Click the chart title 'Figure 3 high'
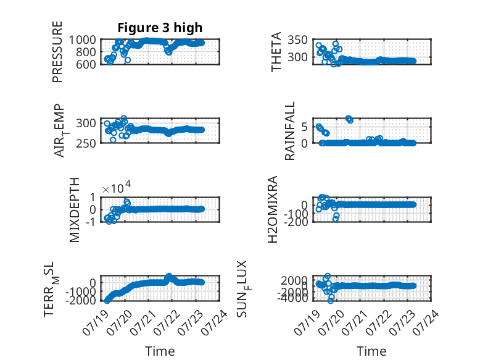coord(160,28)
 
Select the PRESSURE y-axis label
coord(57,52)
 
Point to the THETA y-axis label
coord(276,52)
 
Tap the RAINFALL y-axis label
coord(289,131)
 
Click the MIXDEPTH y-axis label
coord(75,210)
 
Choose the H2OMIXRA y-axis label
coord(273,209)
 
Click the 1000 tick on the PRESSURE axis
coord(82,40)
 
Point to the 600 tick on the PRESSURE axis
coord(86,64)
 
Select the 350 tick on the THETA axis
coord(297,40)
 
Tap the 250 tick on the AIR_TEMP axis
coord(86,143)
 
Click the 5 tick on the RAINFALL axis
coord(304,127)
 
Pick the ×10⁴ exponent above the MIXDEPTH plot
coord(117,188)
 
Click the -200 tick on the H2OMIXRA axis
coord(296,222)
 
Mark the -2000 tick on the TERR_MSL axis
coord(81,300)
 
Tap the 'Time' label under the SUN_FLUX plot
coord(371,351)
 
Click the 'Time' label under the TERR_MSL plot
coord(160,351)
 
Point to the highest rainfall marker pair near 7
coord(349,119)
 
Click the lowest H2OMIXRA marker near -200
coord(336,219)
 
